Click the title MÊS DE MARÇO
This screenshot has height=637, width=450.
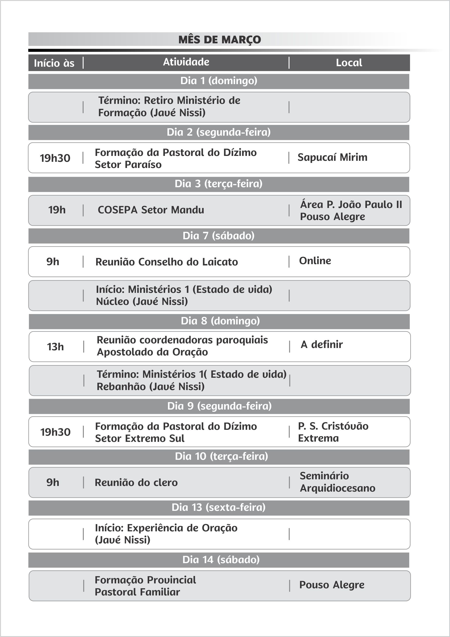(x=219, y=39)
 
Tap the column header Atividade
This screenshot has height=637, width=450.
(x=186, y=62)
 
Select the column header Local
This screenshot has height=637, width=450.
(x=349, y=63)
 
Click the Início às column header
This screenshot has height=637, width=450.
(x=54, y=63)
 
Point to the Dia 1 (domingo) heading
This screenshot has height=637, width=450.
(x=219, y=81)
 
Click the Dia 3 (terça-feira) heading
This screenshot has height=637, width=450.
(x=218, y=184)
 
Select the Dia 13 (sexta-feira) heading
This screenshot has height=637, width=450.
(x=218, y=507)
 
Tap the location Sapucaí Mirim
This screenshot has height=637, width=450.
(x=332, y=157)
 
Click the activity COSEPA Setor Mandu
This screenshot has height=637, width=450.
(x=151, y=210)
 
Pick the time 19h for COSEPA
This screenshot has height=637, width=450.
(x=57, y=210)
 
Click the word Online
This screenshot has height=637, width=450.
(x=315, y=261)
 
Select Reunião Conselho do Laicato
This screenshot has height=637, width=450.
(x=166, y=262)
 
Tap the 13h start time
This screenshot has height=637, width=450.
(x=55, y=347)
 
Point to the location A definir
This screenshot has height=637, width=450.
(x=322, y=345)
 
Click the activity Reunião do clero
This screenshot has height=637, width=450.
(x=136, y=483)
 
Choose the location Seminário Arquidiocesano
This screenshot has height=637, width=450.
(x=337, y=482)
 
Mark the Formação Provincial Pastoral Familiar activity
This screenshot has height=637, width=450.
(x=145, y=586)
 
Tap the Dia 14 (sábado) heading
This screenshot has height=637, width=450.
(x=221, y=560)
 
